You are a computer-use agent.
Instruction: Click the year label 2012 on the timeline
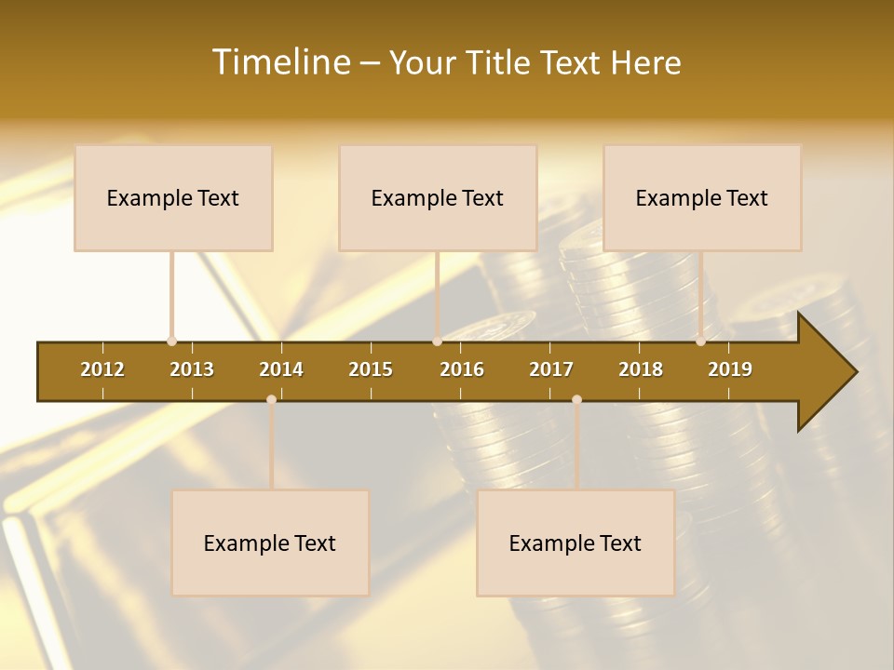[x=102, y=369]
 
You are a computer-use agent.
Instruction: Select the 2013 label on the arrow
[x=192, y=369]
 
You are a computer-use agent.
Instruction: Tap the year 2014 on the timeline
[x=281, y=369]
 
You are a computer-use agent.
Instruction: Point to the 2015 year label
[x=371, y=369]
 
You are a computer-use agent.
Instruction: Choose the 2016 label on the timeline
[x=462, y=369]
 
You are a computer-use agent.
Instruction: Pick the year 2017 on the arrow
[x=551, y=369]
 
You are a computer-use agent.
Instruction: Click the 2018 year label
[x=641, y=369]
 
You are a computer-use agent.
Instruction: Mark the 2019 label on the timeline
[x=730, y=369]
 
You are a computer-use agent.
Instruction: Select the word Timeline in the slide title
[x=279, y=62]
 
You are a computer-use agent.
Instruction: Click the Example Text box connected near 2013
[x=173, y=198]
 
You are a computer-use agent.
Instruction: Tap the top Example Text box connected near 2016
[x=438, y=198]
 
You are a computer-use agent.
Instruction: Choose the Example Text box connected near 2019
[x=702, y=198]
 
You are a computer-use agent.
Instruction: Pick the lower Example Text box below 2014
[x=270, y=543]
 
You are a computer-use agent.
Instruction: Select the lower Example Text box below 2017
[x=576, y=543]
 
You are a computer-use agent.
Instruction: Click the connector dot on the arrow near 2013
[x=171, y=342]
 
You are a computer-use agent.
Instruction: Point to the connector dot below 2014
[x=271, y=399]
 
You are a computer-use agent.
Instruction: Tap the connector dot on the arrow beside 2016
[x=437, y=342]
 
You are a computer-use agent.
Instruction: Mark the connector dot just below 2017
[x=576, y=399]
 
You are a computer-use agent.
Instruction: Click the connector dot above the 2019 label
[x=700, y=342]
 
